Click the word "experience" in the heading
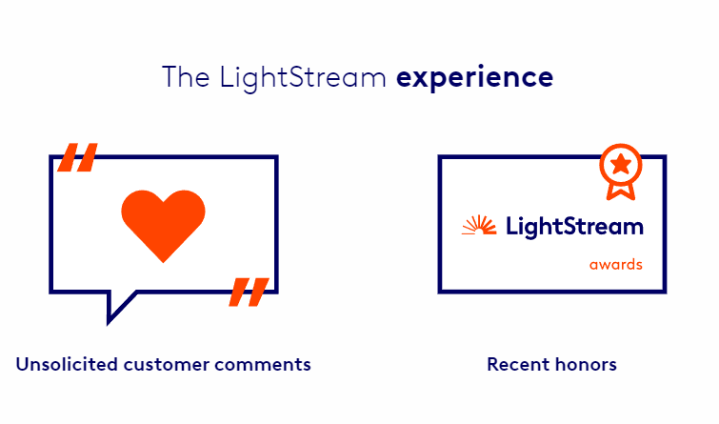(x=474, y=78)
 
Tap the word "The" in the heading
(x=186, y=76)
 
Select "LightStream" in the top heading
(x=303, y=78)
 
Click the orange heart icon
(x=163, y=225)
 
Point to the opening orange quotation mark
(x=77, y=157)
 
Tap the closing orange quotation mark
(x=249, y=292)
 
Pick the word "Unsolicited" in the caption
(x=67, y=364)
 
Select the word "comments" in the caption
(x=262, y=365)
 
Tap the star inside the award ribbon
(x=621, y=164)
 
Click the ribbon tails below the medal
(x=621, y=192)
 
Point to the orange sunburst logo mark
(x=479, y=225)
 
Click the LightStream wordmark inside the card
(x=574, y=227)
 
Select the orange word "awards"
(x=616, y=265)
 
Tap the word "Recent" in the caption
(x=518, y=364)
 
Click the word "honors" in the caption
(x=586, y=364)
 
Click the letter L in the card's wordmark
(x=512, y=226)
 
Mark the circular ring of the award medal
(x=621, y=145)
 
